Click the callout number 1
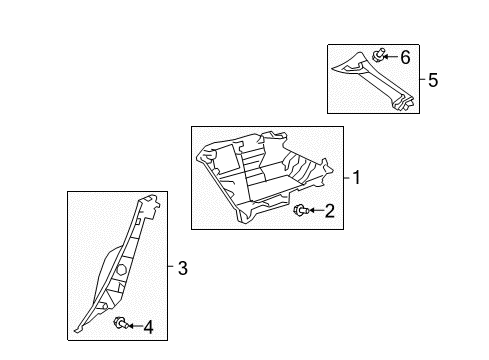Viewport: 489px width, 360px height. (x=357, y=180)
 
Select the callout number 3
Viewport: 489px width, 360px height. (x=182, y=268)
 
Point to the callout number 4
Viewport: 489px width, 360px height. (x=148, y=327)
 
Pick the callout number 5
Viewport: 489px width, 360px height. (x=432, y=79)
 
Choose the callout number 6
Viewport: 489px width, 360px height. (x=405, y=58)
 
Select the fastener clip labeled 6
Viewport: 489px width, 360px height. (x=379, y=55)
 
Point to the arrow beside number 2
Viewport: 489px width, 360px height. (x=313, y=211)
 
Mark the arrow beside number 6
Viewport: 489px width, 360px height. (x=392, y=58)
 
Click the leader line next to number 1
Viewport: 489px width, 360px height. (x=347, y=180)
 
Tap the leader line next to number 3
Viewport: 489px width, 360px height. (x=172, y=268)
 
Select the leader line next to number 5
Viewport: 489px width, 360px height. (x=422, y=79)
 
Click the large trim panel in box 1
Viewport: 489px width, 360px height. (x=264, y=174)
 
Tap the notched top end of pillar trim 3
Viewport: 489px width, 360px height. (x=153, y=206)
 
